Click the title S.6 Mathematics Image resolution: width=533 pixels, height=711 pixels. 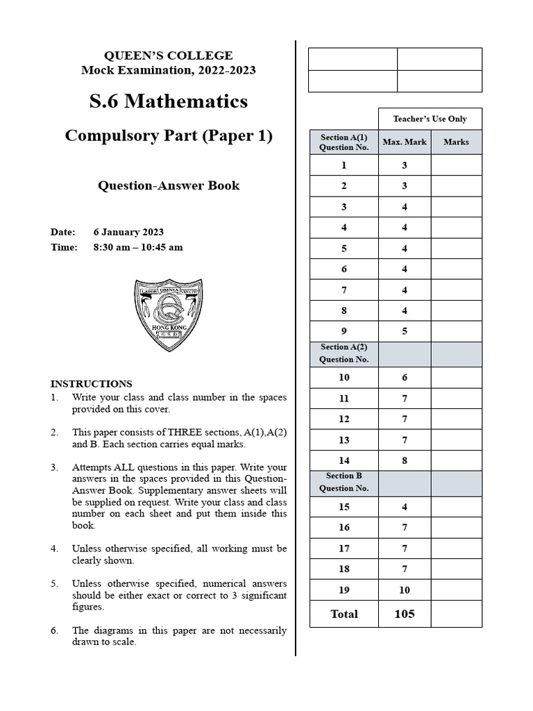[169, 101]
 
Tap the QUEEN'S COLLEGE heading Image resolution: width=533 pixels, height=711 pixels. [168, 56]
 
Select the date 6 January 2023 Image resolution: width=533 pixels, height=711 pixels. [128, 232]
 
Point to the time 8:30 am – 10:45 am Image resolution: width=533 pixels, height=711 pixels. [138, 247]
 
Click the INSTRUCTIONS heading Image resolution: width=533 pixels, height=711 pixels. [91, 383]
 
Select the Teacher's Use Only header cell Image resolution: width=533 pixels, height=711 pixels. [430, 119]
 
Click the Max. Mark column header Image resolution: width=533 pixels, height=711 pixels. [405, 142]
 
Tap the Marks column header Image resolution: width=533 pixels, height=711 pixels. [456, 142]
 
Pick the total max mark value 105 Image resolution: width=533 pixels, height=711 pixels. [405, 614]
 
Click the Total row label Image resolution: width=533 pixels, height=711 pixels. [344, 614]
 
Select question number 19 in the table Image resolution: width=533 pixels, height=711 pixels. [344, 589]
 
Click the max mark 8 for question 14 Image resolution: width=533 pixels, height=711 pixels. [405, 460]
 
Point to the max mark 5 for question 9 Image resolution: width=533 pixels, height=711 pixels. [405, 331]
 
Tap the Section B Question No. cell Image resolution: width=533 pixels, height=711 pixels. [344, 482]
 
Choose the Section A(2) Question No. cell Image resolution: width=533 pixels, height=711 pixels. [344, 353]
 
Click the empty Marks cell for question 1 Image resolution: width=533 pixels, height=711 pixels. [456, 165]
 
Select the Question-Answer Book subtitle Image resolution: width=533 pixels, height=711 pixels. [169, 185]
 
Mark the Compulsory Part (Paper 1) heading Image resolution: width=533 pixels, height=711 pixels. [169, 135]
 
